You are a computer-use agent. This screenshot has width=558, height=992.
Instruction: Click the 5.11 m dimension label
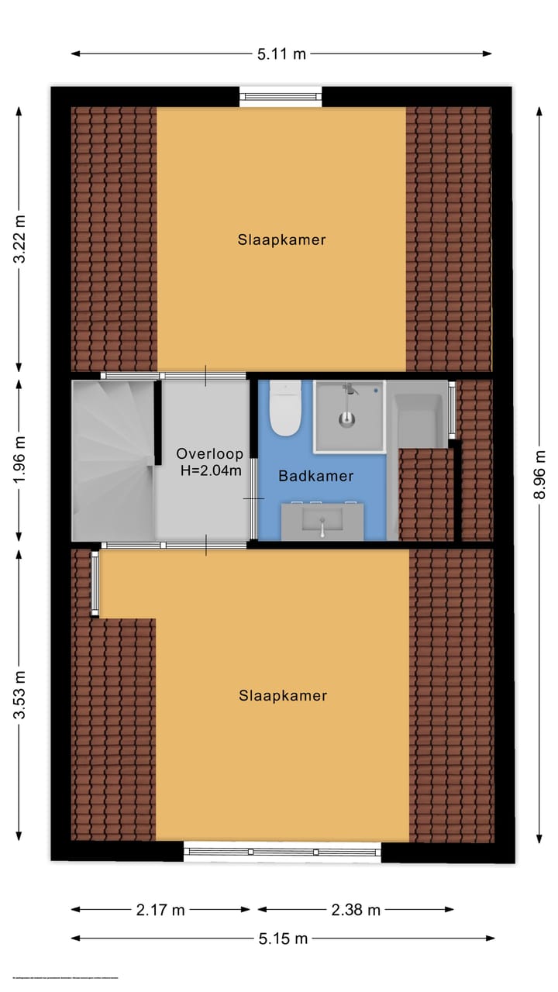point(281,53)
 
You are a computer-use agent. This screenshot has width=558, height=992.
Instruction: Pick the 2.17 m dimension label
point(160,910)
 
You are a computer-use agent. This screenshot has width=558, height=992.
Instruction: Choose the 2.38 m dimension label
point(356,910)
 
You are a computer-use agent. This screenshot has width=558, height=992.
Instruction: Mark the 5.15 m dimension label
point(283,939)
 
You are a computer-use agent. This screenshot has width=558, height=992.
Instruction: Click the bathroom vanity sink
point(322,522)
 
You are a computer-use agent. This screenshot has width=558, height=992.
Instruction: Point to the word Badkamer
point(316,476)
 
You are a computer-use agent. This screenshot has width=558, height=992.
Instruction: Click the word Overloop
point(209,454)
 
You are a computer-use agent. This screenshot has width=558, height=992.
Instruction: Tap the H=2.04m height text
point(209,470)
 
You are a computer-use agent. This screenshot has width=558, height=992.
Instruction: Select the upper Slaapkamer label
point(281,239)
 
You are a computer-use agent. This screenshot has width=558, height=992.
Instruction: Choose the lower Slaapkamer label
point(283,695)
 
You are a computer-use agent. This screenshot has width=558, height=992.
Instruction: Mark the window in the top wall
point(281,96)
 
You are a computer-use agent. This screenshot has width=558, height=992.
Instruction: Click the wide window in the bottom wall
point(283,852)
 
